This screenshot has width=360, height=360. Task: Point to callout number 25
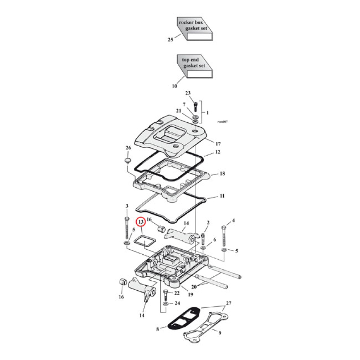pyautogui.click(x=170, y=40)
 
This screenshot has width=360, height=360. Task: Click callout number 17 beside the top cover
pyautogui.click(x=218, y=144)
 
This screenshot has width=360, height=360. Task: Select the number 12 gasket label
pyautogui.click(x=218, y=153)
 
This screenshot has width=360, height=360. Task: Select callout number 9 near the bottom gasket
pyautogui.click(x=220, y=333)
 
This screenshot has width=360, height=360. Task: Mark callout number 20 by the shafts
pyautogui.click(x=194, y=286)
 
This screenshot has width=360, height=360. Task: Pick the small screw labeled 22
pyautogui.click(x=166, y=294)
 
